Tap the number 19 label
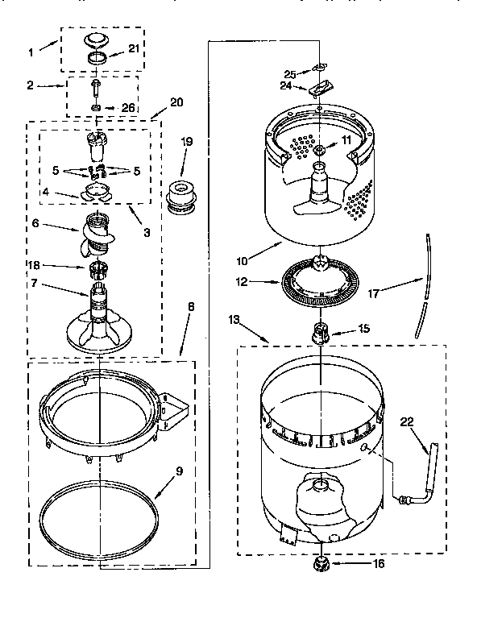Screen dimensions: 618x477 point(186,142)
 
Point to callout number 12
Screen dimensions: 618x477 point(243,282)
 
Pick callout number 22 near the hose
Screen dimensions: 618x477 point(405,421)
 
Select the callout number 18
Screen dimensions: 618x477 point(56,265)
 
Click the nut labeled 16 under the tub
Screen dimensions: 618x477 point(321,564)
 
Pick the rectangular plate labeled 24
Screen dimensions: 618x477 point(321,86)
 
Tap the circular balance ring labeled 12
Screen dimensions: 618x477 point(320,282)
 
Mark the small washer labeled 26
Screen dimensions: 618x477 point(97,107)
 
